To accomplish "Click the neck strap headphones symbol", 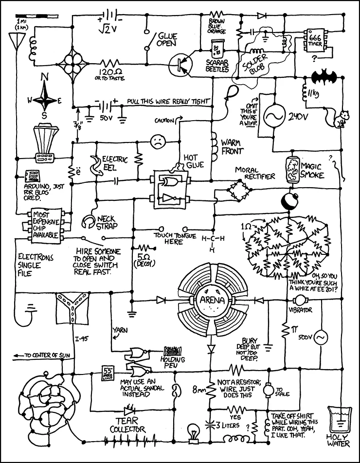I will (x=88, y=221).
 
